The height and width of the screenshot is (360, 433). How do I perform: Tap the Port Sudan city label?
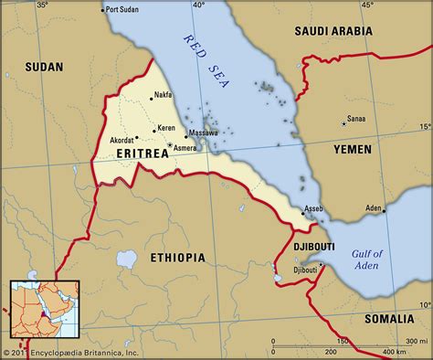[x=126, y=10]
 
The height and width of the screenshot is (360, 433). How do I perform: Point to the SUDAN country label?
[x=43, y=68]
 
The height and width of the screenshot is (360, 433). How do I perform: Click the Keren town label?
[x=166, y=128]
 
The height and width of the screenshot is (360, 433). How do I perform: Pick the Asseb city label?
[x=312, y=209]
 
